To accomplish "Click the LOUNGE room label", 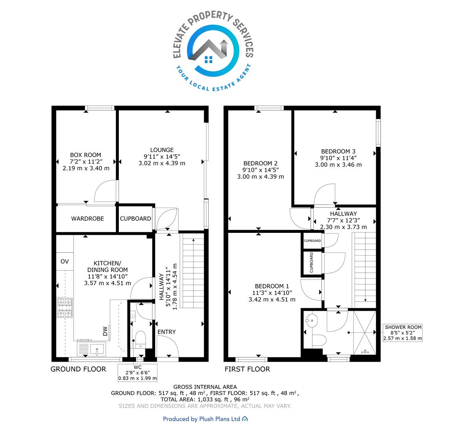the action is [x=162, y=150].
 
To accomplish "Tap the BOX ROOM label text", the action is [x=86, y=155].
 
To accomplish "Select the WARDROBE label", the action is [x=88, y=219].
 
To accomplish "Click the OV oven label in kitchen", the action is [x=64, y=261].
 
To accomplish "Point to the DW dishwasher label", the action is [x=105, y=331].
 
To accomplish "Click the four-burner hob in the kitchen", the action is [x=65, y=308].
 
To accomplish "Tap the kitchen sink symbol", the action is [x=92, y=348].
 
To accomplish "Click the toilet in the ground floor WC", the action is [x=140, y=340].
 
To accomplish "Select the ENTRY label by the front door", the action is [x=167, y=332].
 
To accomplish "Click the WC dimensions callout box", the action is [x=138, y=373].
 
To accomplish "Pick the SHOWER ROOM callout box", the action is [x=403, y=333].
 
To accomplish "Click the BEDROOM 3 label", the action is [x=338, y=151].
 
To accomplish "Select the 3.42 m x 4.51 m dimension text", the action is [x=272, y=300].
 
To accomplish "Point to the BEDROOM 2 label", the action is [x=261, y=164].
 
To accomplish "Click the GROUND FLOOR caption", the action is [x=78, y=369].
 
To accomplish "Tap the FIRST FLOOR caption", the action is [x=247, y=369].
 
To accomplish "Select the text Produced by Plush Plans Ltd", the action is [x=202, y=419].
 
